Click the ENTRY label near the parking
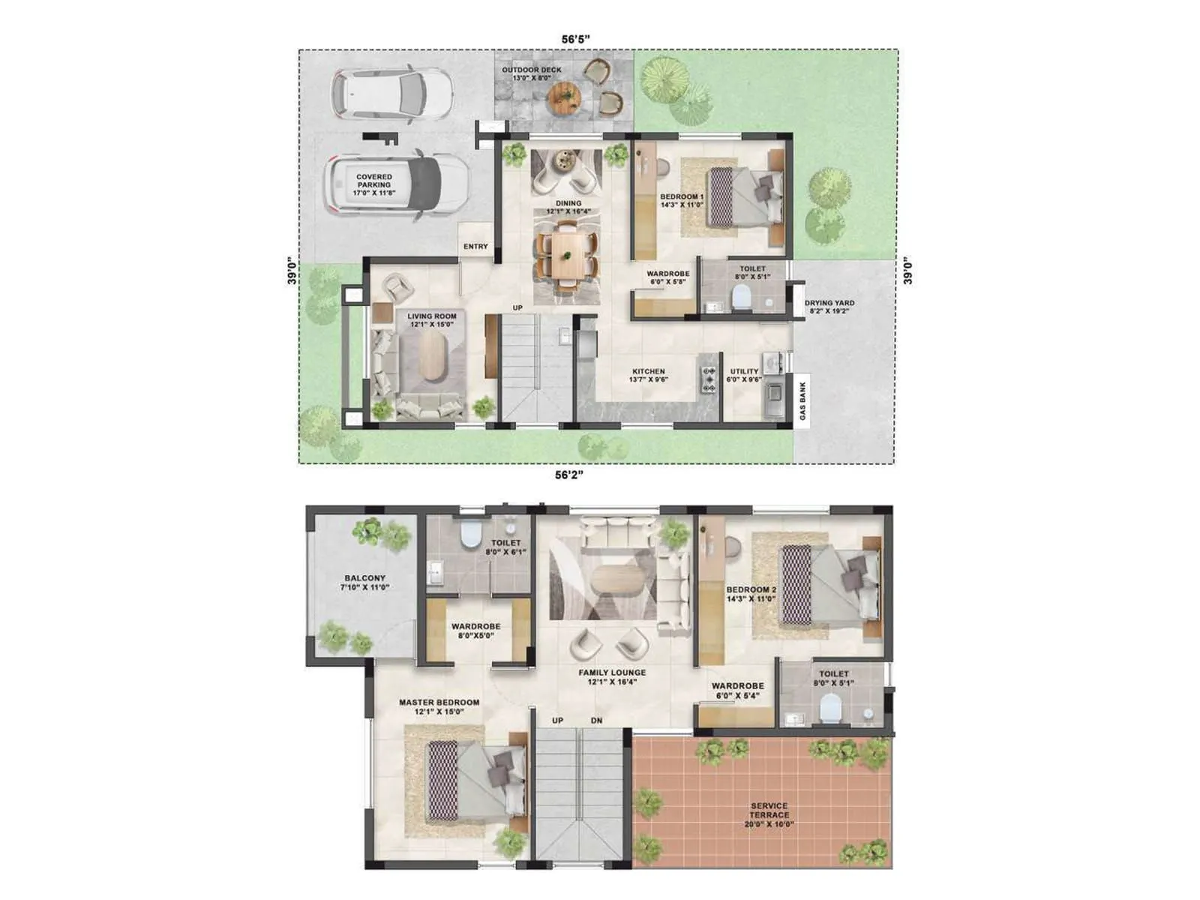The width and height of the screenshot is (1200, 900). [x=475, y=247]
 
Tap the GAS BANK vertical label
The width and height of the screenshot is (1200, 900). [x=802, y=401]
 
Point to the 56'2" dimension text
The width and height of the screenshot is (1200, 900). [x=569, y=475]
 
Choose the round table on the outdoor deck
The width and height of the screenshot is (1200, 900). [x=564, y=97]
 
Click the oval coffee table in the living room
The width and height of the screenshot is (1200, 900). [x=431, y=355]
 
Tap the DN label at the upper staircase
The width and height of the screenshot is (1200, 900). [x=596, y=721]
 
